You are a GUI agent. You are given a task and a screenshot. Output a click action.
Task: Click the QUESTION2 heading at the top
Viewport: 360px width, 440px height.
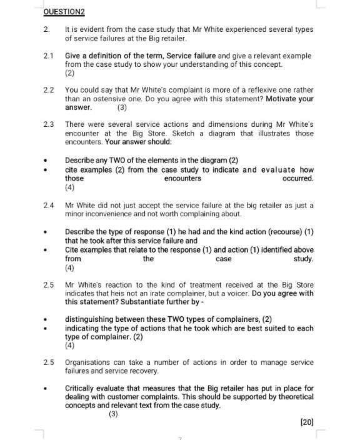(x=64, y=12)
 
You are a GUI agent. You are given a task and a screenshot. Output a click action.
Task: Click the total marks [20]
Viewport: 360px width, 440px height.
(x=306, y=422)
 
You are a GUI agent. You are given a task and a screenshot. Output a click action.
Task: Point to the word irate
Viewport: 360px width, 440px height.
(x=166, y=293)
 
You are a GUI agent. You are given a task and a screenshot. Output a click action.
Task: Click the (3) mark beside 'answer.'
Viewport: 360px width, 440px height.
(x=122, y=107)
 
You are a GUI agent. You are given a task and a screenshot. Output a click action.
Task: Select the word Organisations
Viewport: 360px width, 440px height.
(x=91, y=362)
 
